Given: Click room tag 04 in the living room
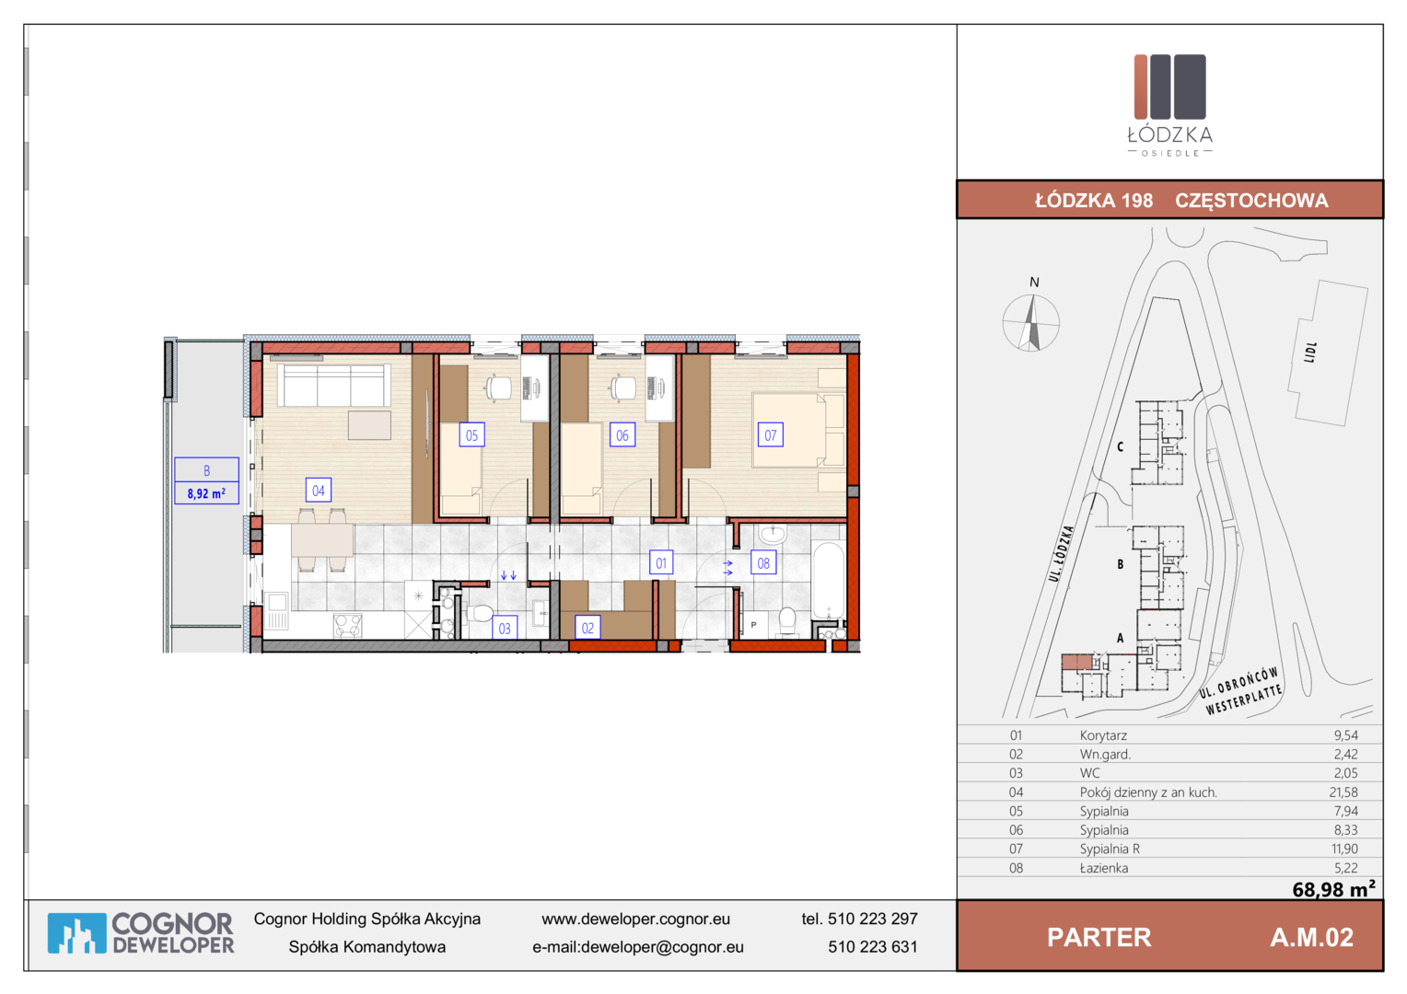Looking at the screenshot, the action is click(x=319, y=491).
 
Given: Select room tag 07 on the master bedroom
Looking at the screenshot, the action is click(x=771, y=435).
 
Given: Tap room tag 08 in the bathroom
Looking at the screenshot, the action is click(x=763, y=563).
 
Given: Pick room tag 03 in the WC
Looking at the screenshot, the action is click(x=505, y=628).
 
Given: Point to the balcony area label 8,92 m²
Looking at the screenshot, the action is click(x=206, y=493).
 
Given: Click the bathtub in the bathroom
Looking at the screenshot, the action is click(x=828, y=581).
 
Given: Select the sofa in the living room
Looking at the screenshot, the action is click(x=333, y=385).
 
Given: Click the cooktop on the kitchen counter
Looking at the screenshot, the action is click(x=347, y=626).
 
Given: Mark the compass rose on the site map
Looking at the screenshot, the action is click(x=1030, y=323).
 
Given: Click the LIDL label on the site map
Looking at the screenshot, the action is click(x=1310, y=353).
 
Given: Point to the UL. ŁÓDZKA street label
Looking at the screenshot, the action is click(x=1061, y=553).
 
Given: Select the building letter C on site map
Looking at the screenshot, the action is click(x=1120, y=447).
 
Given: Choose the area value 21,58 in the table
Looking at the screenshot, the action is click(x=1343, y=792).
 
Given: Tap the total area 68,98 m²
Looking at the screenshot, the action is click(x=1333, y=889).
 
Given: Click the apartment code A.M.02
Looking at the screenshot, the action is click(x=1311, y=938).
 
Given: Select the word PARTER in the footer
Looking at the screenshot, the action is click(x=1099, y=938).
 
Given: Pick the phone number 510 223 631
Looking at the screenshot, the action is click(x=872, y=947).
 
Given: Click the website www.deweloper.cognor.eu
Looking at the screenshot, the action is click(x=635, y=919).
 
